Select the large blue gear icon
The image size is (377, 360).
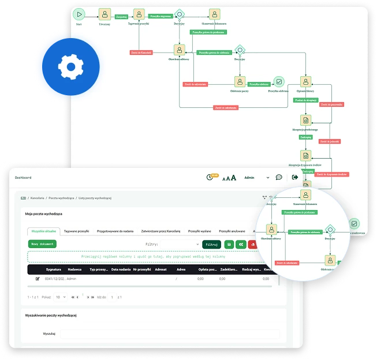[x=70, y=67]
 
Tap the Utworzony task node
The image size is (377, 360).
[x=104, y=14]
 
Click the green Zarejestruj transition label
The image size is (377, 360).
[x=121, y=17]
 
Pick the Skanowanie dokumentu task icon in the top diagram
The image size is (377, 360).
[x=214, y=14]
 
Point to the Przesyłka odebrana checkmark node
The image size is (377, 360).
[x=279, y=82]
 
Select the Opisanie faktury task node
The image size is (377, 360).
[x=305, y=81]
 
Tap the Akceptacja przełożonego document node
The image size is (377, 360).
[x=305, y=121]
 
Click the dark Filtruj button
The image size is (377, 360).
[x=211, y=245]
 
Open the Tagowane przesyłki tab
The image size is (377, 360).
[x=77, y=231]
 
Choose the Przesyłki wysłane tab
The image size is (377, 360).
[x=200, y=231]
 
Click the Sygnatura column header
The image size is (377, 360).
[x=54, y=269]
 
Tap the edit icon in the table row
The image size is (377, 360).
[x=38, y=279]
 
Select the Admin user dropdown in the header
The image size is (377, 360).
[x=257, y=178]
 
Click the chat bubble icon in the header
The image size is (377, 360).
[x=279, y=178]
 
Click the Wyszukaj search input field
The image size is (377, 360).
[x=170, y=333]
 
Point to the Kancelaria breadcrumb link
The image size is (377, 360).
[x=38, y=198]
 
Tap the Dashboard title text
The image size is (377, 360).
[x=23, y=178]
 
